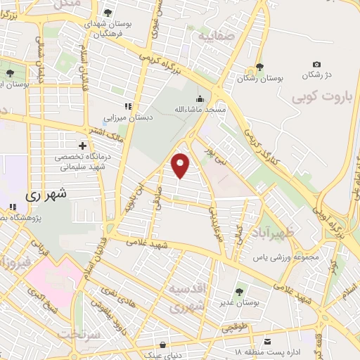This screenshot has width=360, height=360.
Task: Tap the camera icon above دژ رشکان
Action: (316, 65)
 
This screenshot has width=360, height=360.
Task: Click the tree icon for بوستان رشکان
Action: (260, 67)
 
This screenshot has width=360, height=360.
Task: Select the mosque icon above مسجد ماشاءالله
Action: (200, 98)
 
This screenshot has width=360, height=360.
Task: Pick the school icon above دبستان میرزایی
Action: (127, 106)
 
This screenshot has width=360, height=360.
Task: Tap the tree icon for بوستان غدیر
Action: (239, 290)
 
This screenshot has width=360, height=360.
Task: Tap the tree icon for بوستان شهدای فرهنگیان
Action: (108, 12)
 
